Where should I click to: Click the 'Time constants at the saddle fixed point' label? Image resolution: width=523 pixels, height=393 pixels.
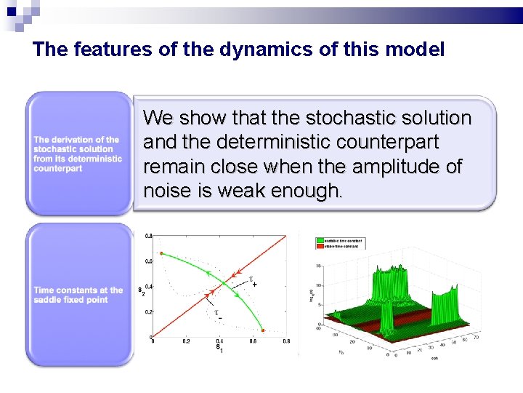click(78, 295)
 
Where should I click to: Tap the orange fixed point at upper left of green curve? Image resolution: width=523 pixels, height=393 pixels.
click(161, 253)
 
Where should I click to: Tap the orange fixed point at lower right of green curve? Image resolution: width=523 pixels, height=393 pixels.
click(263, 330)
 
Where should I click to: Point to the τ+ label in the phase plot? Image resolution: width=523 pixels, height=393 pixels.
click(253, 281)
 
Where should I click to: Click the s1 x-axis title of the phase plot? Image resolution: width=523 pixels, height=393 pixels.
click(218, 347)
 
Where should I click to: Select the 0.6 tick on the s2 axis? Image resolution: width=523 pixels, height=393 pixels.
click(148, 261)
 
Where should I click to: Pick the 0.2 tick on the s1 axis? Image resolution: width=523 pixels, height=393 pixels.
click(186, 341)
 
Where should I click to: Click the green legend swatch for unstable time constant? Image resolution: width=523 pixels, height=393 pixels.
click(320, 240)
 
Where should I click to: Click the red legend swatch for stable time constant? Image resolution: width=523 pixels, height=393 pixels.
click(320, 246)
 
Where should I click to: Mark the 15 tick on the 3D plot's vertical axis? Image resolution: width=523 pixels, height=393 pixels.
click(319, 266)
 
